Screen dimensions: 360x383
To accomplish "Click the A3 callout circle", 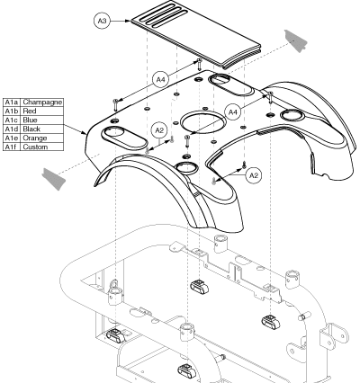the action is (x=103, y=21).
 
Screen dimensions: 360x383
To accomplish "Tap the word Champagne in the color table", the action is (x=42, y=102).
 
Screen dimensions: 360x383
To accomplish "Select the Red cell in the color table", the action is (x=30, y=111).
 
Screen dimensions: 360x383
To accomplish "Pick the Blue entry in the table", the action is (x=31, y=120).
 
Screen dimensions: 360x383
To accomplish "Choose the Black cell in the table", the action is (x=31, y=129).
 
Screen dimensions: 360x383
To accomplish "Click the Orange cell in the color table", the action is (x=35, y=138).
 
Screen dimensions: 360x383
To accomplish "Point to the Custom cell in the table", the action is (x=35, y=147).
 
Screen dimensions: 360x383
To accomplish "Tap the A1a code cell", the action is (x=12, y=102).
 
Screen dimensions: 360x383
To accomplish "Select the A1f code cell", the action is (x=12, y=147).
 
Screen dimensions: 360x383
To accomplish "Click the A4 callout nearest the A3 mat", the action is (x=161, y=80).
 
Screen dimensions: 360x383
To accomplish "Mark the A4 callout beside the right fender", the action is (x=233, y=112).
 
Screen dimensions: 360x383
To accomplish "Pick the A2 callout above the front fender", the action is (x=159, y=130).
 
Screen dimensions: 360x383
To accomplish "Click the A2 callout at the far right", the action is (x=254, y=175).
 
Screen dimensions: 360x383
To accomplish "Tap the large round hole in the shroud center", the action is (x=202, y=122).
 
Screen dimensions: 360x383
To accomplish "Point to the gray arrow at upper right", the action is (x=296, y=41).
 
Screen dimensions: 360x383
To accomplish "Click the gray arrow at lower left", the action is (x=54, y=179).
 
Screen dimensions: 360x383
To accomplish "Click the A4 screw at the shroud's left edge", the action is (x=116, y=105).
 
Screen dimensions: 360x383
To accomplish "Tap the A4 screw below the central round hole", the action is (x=187, y=141).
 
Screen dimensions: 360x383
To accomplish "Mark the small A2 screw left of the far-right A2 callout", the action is (x=244, y=164).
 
